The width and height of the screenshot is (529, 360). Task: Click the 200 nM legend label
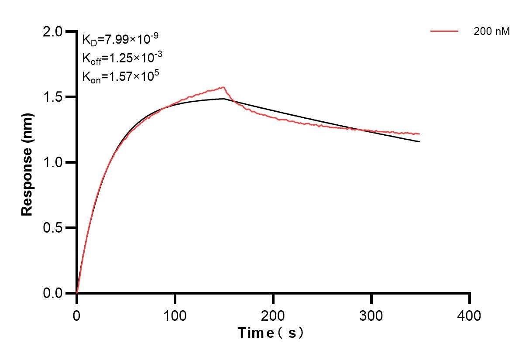tap(491, 31)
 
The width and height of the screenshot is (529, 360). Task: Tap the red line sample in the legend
tap(444, 31)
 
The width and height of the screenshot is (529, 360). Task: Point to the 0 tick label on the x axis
tap(77, 315)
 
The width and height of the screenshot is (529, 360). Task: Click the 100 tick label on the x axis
tap(175, 315)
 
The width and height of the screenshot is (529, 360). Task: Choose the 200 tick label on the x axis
tap(273, 315)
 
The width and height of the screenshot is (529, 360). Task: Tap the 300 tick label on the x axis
tap(371, 315)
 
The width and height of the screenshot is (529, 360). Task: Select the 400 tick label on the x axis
tap(470, 315)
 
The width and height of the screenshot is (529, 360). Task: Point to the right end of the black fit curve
tap(420, 141)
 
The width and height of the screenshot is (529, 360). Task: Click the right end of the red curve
tap(420, 134)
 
